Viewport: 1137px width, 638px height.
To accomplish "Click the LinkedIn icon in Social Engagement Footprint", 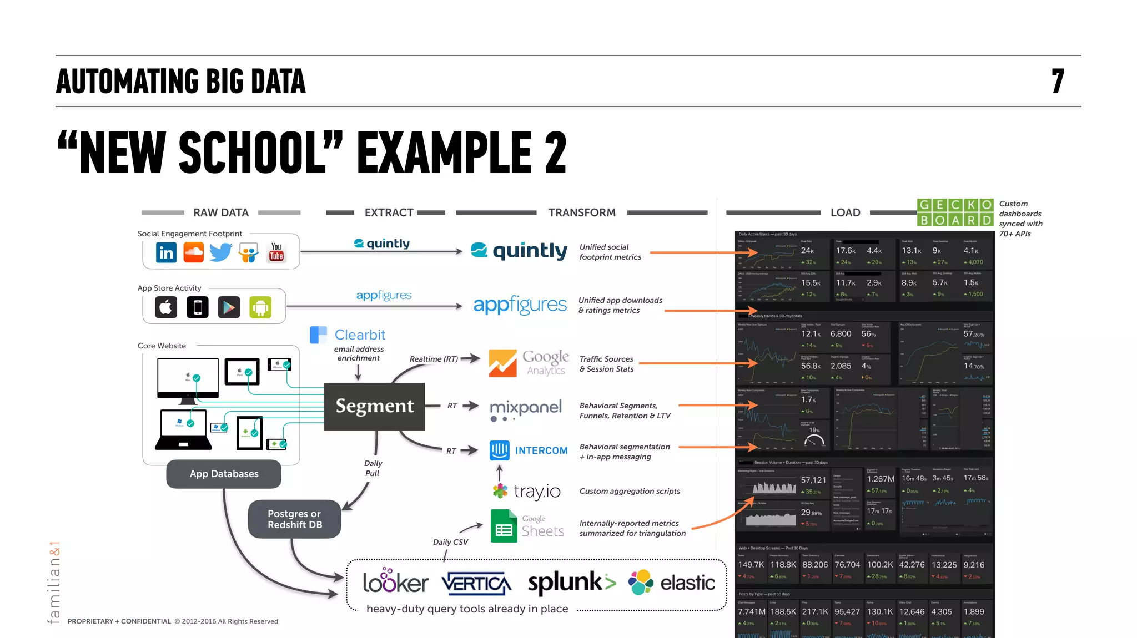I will click(x=166, y=252).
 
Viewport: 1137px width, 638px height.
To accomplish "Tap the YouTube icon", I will click(x=276, y=252).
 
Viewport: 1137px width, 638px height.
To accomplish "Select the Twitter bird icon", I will click(x=220, y=252).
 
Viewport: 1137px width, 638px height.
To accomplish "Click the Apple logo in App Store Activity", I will click(x=166, y=307).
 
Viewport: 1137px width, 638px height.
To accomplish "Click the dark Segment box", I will click(x=375, y=406).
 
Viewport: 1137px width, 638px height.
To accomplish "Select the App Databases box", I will click(x=224, y=474).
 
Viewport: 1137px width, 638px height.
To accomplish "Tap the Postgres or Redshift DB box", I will click(x=294, y=519).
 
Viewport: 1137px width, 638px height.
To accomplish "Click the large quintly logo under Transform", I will click(x=519, y=251).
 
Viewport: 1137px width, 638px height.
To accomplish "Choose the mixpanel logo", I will click(x=526, y=408).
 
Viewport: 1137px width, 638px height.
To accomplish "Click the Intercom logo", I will click(x=529, y=450).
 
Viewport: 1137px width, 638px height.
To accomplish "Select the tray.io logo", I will click(x=526, y=491).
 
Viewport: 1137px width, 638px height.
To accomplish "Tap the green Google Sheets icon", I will click(x=504, y=526).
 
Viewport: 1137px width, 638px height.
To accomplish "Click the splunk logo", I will click(x=571, y=583).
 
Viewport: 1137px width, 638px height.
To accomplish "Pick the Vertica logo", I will click(x=476, y=583).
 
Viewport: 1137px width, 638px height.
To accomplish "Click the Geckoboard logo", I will click(x=955, y=212).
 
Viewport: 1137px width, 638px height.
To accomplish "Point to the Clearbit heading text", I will click(x=360, y=335).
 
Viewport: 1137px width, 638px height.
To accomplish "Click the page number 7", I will click(x=1058, y=82).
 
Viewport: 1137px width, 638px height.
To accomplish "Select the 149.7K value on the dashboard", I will click(x=751, y=565).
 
